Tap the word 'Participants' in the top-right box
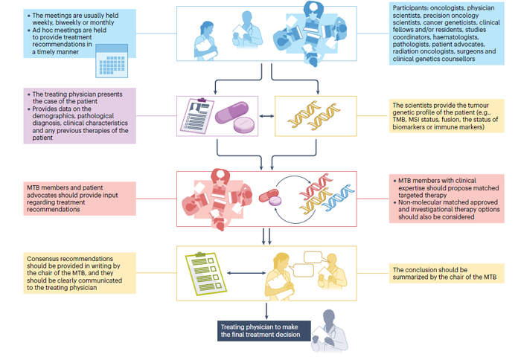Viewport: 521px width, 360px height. click(x=412, y=7)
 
